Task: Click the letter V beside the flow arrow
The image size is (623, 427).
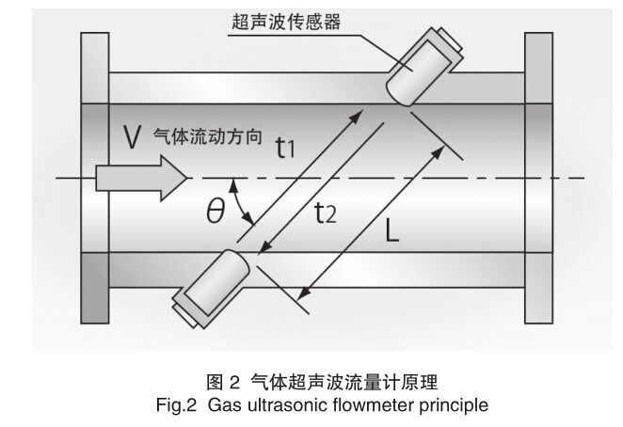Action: [x=132, y=137]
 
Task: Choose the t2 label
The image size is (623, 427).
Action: [x=324, y=215]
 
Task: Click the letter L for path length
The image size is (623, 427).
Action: [x=391, y=230]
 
